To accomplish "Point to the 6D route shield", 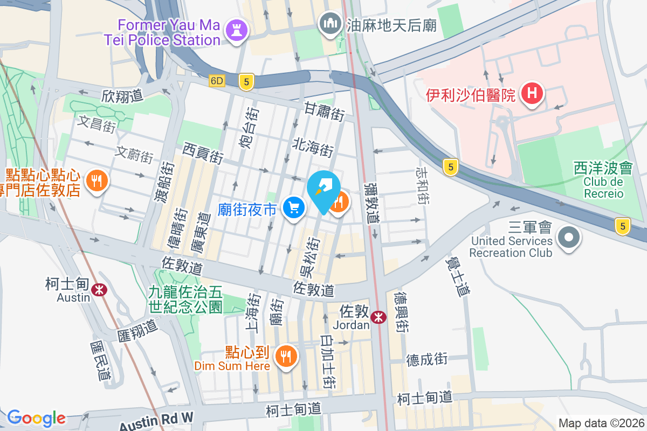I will pyautogui.click(x=217, y=81).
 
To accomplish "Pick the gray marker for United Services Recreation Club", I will pyautogui.click(x=568, y=238).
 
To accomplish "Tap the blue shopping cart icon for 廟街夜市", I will pyautogui.click(x=294, y=207).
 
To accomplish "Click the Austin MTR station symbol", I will pyautogui.click(x=99, y=290).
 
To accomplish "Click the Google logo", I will pyautogui.click(x=36, y=418).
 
